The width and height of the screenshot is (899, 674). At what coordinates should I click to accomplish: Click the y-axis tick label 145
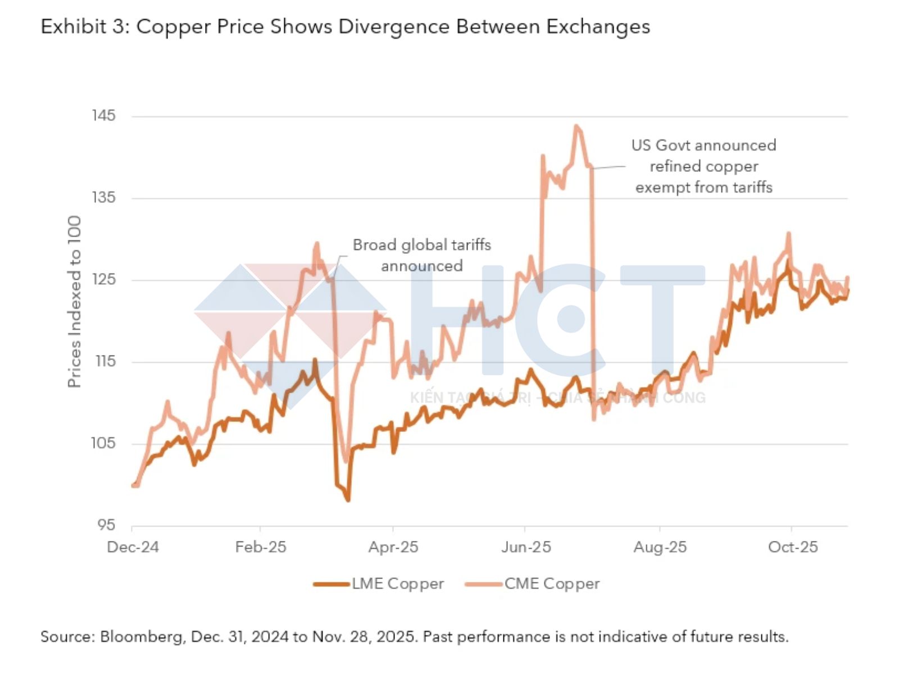click(x=103, y=116)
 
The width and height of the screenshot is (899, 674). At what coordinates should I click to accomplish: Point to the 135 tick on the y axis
click(x=103, y=198)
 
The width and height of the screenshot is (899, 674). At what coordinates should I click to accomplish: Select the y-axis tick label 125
click(x=103, y=280)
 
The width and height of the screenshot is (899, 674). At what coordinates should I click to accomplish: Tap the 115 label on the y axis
click(x=105, y=361)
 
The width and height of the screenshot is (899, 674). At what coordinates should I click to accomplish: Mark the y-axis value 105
click(x=103, y=443)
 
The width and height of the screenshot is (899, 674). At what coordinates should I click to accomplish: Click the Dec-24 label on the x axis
click(x=133, y=547)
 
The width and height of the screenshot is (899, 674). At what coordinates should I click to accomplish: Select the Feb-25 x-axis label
click(x=261, y=547)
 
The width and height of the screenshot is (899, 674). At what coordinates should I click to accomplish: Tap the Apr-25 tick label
click(x=393, y=547)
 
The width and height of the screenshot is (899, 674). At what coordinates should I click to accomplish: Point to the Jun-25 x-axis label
click(x=526, y=547)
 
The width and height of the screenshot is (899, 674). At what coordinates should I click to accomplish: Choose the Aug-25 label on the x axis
click(x=660, y=547)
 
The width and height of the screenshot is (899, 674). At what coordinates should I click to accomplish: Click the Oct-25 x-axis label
click(x=793, y=547)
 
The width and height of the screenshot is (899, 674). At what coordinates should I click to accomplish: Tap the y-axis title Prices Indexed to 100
click(x=74, y=302)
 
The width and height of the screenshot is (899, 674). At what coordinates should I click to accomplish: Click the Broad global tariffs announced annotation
click(x=422, y=255)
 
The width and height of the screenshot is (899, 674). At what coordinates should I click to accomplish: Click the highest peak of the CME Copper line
click(x=576, y=126)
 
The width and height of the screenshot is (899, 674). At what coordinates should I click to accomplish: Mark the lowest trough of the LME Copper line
click(x=348, y=499)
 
